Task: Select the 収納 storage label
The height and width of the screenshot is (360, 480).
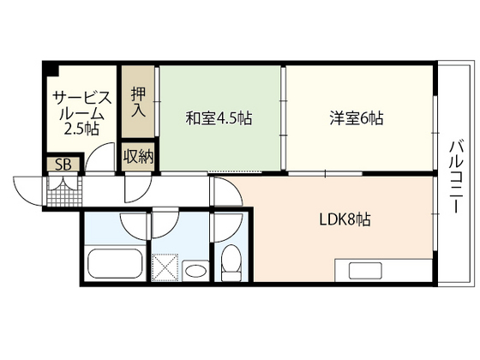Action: pos(137,156)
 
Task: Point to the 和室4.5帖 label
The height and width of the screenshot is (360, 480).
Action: pos(219,118)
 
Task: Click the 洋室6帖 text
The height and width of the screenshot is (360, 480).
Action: pos(354,118)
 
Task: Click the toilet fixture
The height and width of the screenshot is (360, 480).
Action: pos(231,261)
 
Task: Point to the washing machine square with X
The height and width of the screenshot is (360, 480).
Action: pos(165,266)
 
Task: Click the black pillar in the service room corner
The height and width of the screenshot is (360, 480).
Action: pos(52,69)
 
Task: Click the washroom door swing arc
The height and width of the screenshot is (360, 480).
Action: pos(165,225)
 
